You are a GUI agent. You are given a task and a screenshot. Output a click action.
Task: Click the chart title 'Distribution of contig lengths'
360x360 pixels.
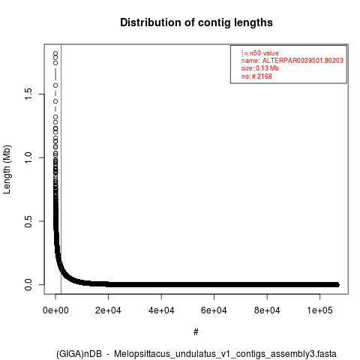click(196, 22)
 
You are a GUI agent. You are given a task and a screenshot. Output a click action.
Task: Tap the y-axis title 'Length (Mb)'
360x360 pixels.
click(7, 169)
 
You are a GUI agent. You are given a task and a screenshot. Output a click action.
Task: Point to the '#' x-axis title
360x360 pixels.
click(196, 332)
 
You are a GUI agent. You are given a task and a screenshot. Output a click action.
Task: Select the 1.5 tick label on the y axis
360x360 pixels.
click(28, 94)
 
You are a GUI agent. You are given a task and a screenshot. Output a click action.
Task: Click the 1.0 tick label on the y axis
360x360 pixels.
click(28, 157)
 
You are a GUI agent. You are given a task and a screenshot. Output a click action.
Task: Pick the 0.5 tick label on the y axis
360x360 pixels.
click(28, 221)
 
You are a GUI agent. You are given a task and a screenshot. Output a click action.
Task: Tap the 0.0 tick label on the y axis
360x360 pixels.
click(28, 284)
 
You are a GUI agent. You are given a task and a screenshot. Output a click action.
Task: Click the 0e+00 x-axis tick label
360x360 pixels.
click(55, 310)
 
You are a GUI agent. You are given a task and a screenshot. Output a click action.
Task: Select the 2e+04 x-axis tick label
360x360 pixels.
click(108, 310)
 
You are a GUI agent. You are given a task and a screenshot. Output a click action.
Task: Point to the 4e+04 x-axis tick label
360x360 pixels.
click(161, 310)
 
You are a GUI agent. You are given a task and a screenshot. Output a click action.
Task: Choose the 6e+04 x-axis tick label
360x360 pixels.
click(214, 310)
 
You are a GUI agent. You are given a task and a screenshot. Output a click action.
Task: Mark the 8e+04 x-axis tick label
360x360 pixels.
click(267, 310)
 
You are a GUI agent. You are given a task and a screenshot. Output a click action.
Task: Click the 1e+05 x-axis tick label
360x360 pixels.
click(319, 310)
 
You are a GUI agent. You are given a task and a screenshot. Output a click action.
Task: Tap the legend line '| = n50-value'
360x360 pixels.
click(260, 53)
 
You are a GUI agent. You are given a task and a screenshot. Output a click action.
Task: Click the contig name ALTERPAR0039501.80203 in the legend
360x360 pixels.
click(302, 61)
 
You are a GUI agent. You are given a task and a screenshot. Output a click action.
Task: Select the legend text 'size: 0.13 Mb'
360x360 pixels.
click(260, 68)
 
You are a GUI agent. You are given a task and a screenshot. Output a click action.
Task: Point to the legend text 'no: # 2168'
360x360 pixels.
click(256, 76)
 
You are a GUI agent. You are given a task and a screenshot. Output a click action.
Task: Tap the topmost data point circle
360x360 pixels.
click(55, 53)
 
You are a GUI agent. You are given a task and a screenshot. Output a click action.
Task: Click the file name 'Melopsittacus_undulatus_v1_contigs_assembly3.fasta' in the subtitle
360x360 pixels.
click(225, 354)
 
